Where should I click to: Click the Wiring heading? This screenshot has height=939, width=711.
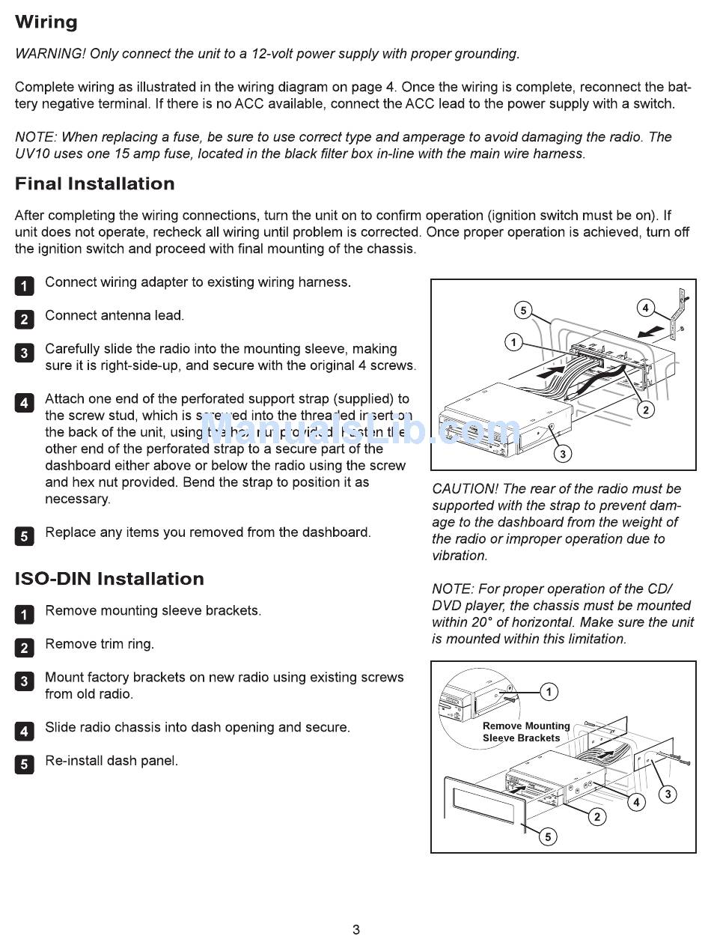(x=46, y=22)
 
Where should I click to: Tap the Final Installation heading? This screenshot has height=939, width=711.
(x=95, y=184)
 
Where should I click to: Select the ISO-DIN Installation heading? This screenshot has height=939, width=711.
(x=109, y=579)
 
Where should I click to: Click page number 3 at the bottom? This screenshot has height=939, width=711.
(x=356, y=929)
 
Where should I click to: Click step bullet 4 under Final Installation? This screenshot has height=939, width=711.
(x=24, y=403)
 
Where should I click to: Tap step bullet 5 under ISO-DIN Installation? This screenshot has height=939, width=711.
(x=24, y=765)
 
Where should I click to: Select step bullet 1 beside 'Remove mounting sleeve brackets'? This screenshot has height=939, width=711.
(x=24, y=615)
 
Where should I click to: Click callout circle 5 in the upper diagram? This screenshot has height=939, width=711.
(x=523, y=310)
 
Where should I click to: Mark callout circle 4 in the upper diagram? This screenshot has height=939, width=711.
(x=645, y=307)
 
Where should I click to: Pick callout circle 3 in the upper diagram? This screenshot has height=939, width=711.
(x=562, y=453)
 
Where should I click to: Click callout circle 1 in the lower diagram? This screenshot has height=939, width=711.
(x=549, y=692)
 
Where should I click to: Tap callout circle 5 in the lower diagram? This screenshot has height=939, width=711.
(x=548, y=836)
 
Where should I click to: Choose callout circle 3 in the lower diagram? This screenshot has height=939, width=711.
(x=667, y=794)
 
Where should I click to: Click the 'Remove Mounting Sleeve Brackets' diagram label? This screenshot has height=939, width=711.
(x=525, y=732)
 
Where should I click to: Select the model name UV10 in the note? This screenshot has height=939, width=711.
(x=32, y=154)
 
